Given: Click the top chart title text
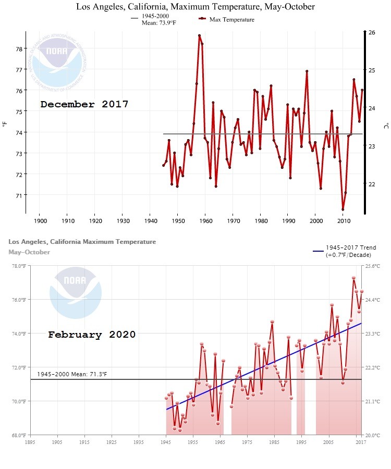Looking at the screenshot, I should tap(195, 7).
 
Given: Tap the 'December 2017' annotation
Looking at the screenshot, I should tap(84, 104).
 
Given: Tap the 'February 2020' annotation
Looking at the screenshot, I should tap(92, 335).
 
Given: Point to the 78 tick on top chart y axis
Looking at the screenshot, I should tap(19, 48).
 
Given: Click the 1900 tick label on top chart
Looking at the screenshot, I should tap(40, 220).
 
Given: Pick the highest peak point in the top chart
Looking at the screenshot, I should tap(199, 35).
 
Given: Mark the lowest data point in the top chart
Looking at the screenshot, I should tap(343, 209).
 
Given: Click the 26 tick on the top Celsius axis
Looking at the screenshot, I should tap(372, 32).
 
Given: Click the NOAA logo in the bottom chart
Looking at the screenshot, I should tap(75, 292).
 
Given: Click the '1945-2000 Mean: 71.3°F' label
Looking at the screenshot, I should tap(72, 374).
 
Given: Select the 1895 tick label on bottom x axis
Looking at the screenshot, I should tap(30, 442).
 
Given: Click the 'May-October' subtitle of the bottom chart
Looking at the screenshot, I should tap(29, 252).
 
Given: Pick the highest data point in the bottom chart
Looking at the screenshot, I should tap(353, 278).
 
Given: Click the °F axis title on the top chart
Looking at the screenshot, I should tap(5, 124).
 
